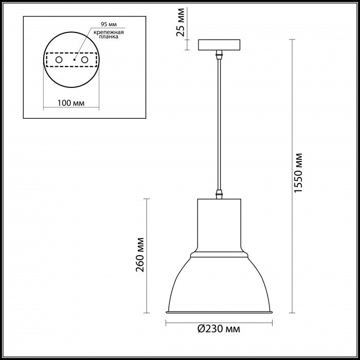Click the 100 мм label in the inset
tap(70, 103)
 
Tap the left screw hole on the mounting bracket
tap(59, 61)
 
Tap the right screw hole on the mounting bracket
tap(85, 61)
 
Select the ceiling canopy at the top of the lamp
tap(220, 45)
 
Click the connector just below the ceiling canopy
tap(220, 53)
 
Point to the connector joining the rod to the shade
tap(220, 194)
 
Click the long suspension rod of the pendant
tap(220, 123)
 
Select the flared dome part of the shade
tap(220, 283)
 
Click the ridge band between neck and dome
tap(220, 254)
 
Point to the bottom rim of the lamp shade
tap(220, 312)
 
